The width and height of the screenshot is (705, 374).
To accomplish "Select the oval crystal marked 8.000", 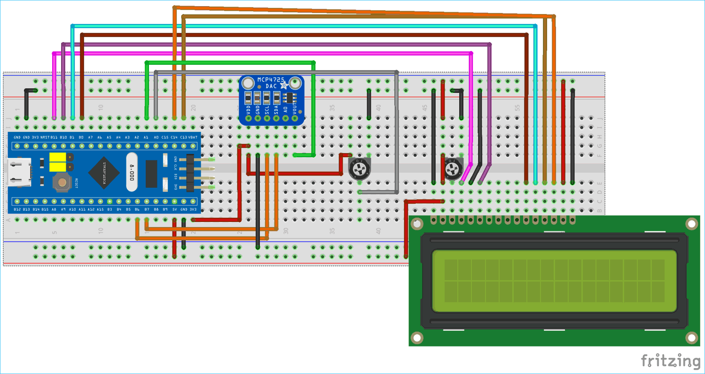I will pos(132,172).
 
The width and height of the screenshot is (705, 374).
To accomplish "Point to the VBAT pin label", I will pos(193,137).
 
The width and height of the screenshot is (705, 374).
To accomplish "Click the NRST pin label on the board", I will pos(45,137).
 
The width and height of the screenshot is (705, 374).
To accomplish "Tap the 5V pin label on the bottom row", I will pos(174,209).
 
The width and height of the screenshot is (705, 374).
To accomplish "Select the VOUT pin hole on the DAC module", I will pos(295,119).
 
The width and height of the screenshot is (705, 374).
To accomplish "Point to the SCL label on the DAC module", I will pos(267,110).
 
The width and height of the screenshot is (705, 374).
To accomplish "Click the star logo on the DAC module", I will pos(283,85).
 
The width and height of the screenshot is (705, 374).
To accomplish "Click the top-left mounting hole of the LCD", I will pos(417,224).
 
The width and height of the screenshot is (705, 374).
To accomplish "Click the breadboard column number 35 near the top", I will pos(332,107).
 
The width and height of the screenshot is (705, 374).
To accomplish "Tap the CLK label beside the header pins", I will pos(175,168).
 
